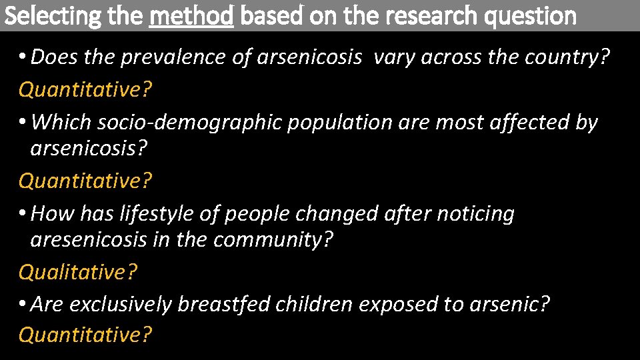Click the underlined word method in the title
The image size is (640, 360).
(x=191, y=15)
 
